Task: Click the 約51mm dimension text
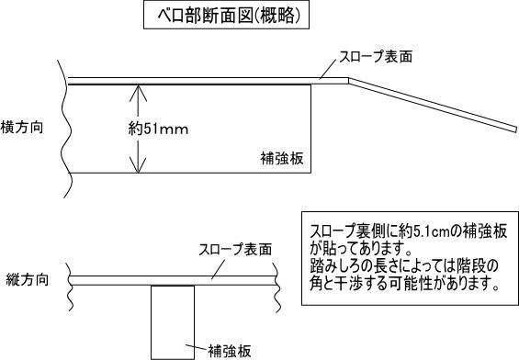[157, 129]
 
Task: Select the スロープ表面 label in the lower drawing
[236, 249]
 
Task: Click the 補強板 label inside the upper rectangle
[283, 159]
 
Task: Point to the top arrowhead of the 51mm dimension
[137, 90]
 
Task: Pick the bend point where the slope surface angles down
[348, 81]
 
